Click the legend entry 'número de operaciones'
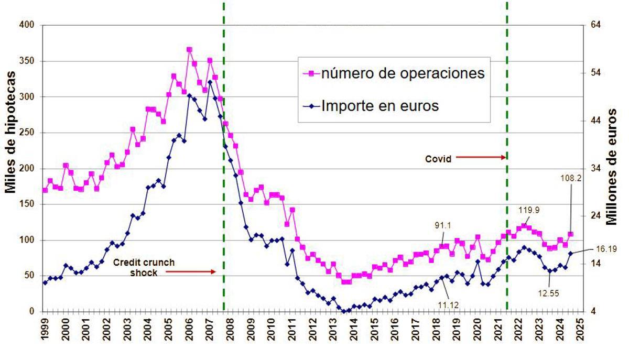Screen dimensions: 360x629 [x=402, y=73]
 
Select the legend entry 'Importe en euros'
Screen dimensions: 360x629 [x=380, y=106]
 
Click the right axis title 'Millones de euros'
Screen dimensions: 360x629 [x=612, y=167]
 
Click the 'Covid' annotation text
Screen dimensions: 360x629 [x=438, y=159]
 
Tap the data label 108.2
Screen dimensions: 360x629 [x=570, y=178]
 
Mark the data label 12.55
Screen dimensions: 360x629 [x=549, y=293]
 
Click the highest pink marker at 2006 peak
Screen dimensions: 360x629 [x=189, y=50]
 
